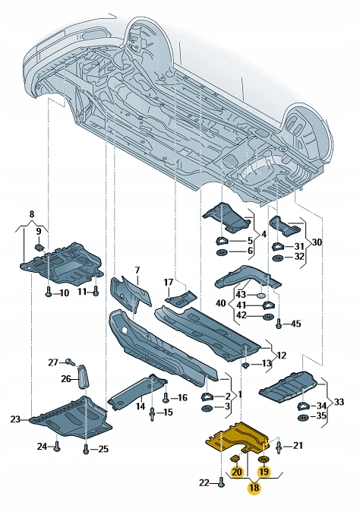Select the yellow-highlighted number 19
(x=264, y=472)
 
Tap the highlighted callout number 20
(x=237, y=472)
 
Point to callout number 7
(x=137, y=270)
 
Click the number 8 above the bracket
(x=31, y=215)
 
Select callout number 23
(x=16, y=419)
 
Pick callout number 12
(x=281, y=356)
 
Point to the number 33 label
(x=339, y=402)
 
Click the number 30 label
(x=317, y=242)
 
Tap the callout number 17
(x=169, y=283)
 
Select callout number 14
(x=140, y=407)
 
